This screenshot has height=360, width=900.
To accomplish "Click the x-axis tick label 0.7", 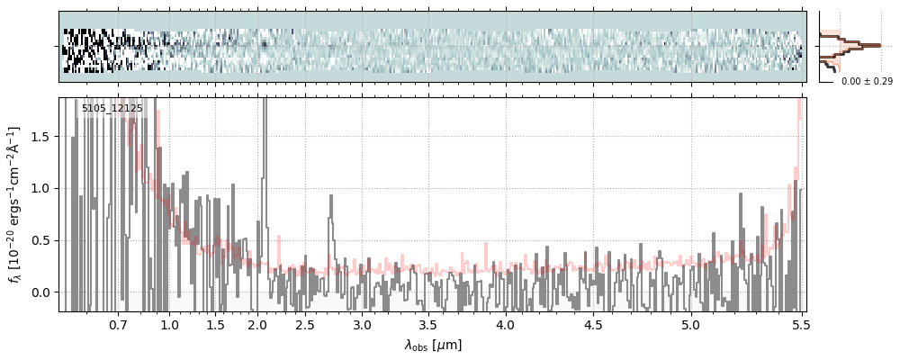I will pyautogui.click(x=118, y=324).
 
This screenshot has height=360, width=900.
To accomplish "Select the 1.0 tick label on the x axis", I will pyautogui.click(x=169, y=324).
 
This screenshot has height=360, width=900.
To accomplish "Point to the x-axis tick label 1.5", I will pyautogui.click(x=216, y=324).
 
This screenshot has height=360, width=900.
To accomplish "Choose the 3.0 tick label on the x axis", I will pyautogui.click(x=362, y=324).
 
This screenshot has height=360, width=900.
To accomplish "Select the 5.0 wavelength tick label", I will pyautogui.click(x=690, y=324).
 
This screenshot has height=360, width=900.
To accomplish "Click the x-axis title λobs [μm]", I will pyautogui.click(x=432, y=344).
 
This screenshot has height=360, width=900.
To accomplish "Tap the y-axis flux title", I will pyautogui.click(x=15, y=203).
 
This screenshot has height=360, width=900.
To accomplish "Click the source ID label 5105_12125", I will pyautogui.click(x=112, y=109).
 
